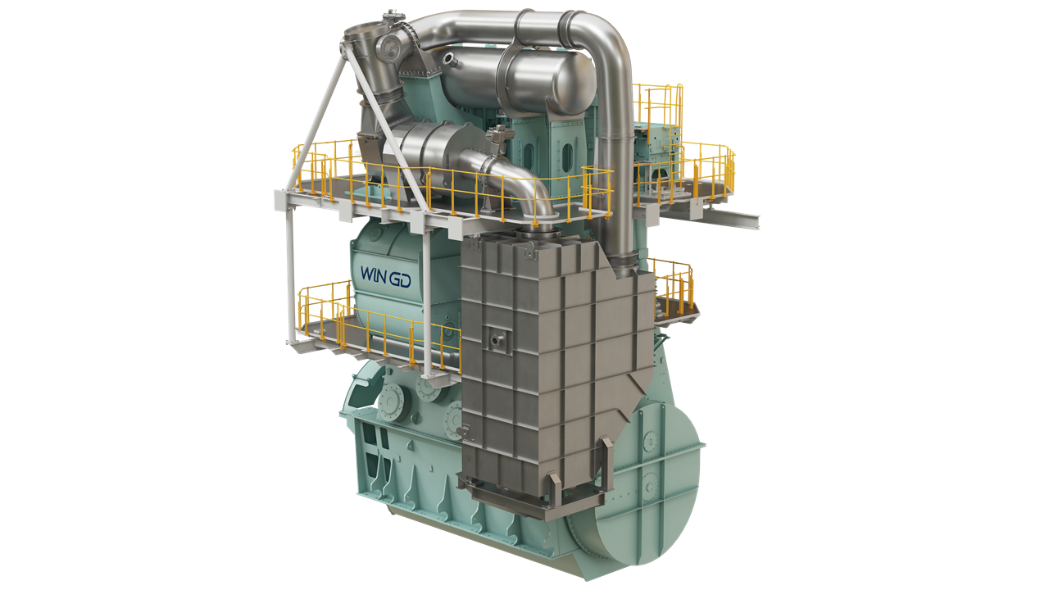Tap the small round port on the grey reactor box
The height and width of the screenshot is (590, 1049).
(497, 336)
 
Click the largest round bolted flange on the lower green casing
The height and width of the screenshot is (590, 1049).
(390, 401)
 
